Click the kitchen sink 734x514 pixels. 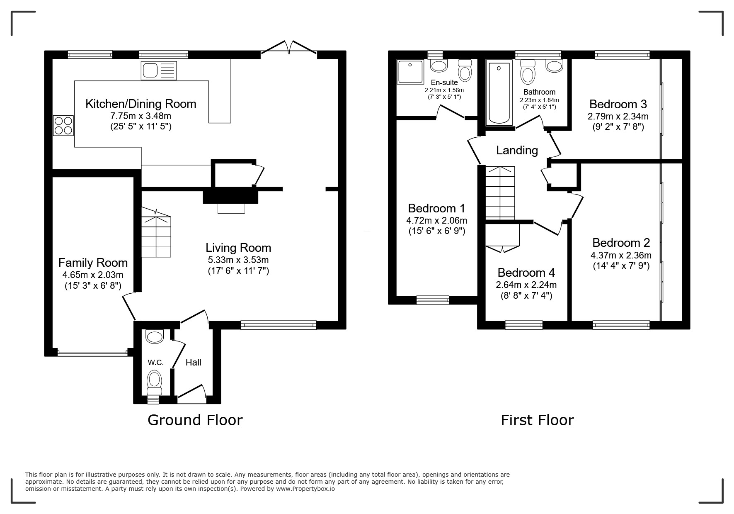[x=159, y=70]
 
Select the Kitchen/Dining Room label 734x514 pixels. [x=141, y=104]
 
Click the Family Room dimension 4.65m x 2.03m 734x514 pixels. [x=93, y=275]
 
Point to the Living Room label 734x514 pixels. [x=238, y=248]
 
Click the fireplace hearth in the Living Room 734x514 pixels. [x=231, y=208]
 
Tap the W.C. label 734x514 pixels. [x=155, y=363]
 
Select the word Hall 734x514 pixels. [x=194, y=362]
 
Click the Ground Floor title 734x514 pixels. [x=195, y=420]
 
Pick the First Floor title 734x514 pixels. [x=537, y=420]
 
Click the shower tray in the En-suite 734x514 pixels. [x=411, y=72]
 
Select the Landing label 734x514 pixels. [x=517, y=150]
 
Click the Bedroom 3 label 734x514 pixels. [x=618, y=104]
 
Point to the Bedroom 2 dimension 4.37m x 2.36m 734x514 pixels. [x=621, y=255]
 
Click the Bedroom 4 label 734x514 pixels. [x=526, y=273]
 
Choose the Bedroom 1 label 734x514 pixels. [x=437, y=208]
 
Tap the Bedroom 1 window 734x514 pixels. [x=433, y=300]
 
